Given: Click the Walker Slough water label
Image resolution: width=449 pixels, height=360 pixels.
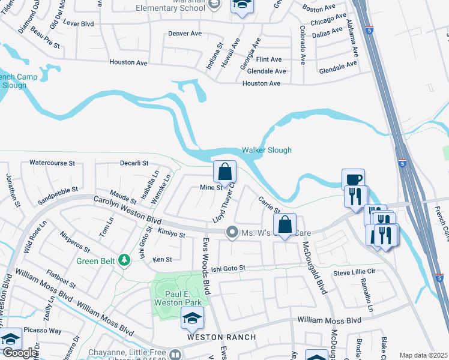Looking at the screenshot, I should (267, 150).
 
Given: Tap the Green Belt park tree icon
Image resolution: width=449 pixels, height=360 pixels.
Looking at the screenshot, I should (124, 260).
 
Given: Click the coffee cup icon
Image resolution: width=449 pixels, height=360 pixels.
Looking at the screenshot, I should (353, 179).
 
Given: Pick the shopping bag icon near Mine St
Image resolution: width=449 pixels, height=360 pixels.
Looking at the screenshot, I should (224, 172).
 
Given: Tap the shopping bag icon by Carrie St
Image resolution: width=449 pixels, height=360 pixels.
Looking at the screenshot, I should (285, 225).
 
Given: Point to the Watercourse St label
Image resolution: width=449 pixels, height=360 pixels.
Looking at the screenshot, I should (52, 163).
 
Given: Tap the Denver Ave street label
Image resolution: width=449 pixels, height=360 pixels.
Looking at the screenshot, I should (184, 34).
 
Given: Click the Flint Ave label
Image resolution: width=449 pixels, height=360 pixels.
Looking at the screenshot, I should (268, 59).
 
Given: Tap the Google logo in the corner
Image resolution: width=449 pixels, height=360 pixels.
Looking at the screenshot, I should (19, 353).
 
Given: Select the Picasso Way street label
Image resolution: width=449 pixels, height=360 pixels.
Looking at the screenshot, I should (47, 331).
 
